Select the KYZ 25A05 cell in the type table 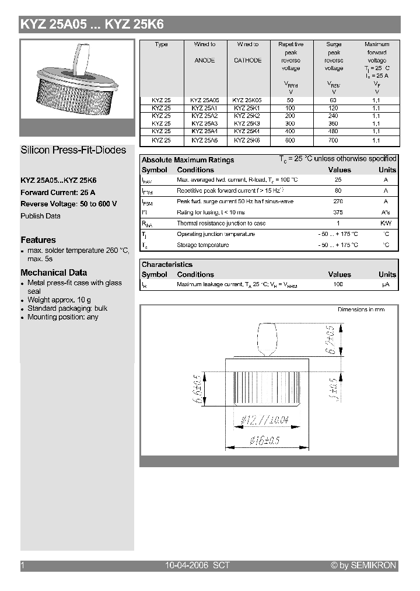(x=204, y=100)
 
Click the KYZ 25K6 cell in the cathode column (x=247, y=141)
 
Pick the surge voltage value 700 (x=334, y=141)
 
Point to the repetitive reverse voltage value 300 (x=290, y=124)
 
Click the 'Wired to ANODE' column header (x=205, y=53)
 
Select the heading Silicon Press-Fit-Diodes (x=73, y=150)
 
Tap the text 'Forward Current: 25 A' (x=58, y=193)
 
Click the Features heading (x=38, y=240)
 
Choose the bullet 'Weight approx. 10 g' (x=60, y=300)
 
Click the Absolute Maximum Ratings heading (x=188, y=160)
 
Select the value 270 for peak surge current (x=338, y=201)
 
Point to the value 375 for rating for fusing (x=338, y=213)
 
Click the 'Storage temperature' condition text (x=202, y=245)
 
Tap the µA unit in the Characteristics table (x=386, y=285)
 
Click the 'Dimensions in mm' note (x=361, y=310)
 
